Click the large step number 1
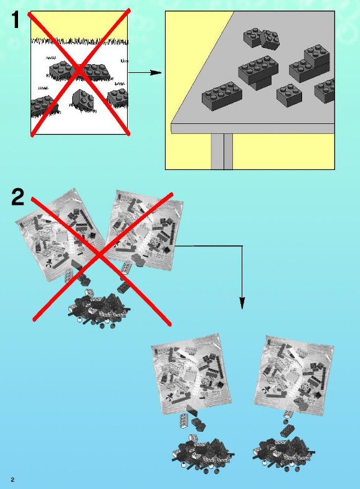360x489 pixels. pyautogui.click(x=16, y=19)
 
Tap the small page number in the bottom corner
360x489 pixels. pyautogui.click(x=12, y=479)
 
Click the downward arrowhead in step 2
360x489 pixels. pyautogui.click(x=242, y=303)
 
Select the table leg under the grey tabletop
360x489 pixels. pyautogui.click(x=222, y=151)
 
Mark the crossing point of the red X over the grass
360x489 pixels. pyautogui.click(x=80, y=72)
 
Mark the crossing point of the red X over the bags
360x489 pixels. pyautogui.click(x=100, y=255)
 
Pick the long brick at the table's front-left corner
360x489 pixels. pyautogui.click(x=222, y=96)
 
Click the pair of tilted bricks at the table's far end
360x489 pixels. pyautogui.click(x=261, y=39)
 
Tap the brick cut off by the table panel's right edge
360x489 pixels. pyautogui.click(x=324, y=90)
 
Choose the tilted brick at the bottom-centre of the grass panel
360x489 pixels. pyautogui.click(x=83, y=100)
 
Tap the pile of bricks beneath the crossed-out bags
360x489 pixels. pyautogui.click(x=99, y=309)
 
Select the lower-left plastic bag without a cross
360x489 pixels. pyautogui.click(x=191, y=374)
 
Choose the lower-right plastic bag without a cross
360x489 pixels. pyautogui.click(x=294, y=375)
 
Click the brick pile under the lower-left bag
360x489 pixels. pyautogui.click(x=203, y=453)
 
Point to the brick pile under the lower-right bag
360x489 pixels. pyautogui.click(x=283, y=452)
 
